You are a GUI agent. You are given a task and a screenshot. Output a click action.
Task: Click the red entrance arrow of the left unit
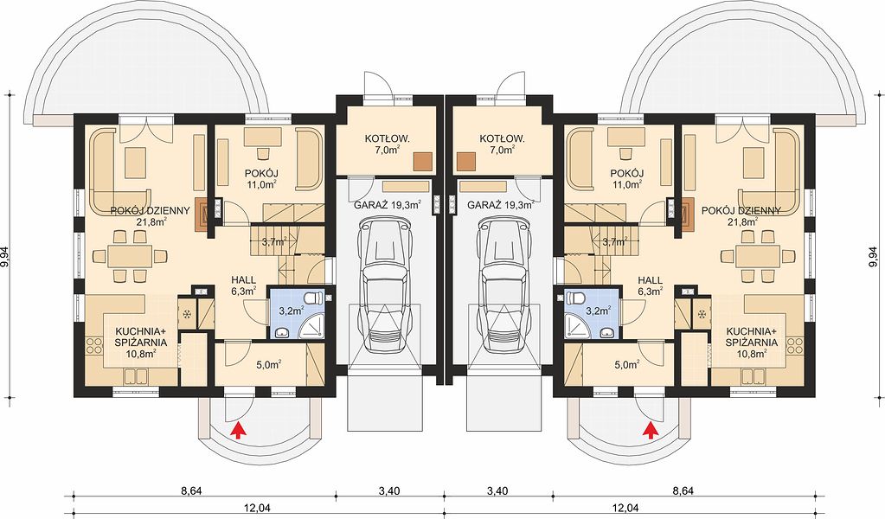point(239,430)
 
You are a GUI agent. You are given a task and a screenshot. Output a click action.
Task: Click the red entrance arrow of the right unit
point(651,430)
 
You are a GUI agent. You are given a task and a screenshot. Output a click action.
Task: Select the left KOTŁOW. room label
point(388,138)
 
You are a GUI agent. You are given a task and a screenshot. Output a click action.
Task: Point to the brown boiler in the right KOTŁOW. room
point(466,161)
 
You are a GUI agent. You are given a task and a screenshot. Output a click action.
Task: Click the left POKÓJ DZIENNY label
point(150,211)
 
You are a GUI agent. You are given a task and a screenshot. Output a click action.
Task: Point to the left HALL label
point(243,279)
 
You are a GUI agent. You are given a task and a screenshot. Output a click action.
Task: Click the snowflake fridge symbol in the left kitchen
point(188,313)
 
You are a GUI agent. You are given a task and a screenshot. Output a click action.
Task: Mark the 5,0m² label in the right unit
point(626,364)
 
